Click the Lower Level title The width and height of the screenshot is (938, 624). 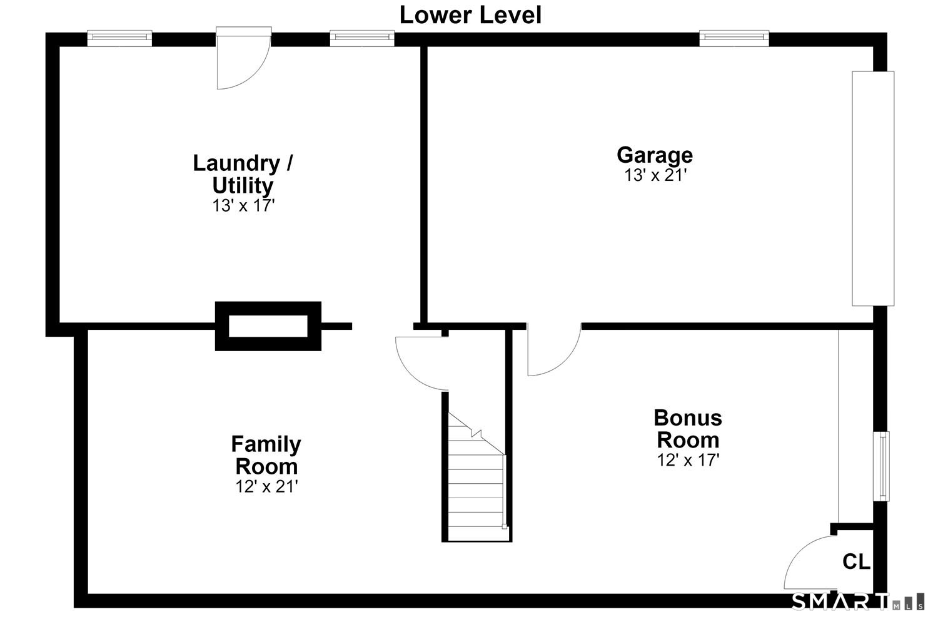pos(470,15)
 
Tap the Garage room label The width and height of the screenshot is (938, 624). pos(655,155)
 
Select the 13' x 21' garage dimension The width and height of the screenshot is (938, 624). pos(655,175)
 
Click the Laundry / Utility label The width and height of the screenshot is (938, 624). pos(243,174)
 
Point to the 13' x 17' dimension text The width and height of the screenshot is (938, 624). pos(243,205)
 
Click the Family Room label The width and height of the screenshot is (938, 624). pos(266,454)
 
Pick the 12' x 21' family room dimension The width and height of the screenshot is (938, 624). pos(267,486)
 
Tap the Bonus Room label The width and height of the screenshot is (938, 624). pos(688,429)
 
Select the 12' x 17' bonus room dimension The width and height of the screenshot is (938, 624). pos(688,460)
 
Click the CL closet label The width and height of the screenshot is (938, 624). pos(856,562)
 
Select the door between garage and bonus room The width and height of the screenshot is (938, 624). pos(554,349)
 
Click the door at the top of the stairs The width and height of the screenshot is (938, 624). pos(421,364)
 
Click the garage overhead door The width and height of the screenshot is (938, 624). pos(873,188)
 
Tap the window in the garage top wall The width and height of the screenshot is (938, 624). pos(734,38)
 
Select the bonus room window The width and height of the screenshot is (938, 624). pos(881,466)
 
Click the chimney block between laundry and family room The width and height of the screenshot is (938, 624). pos(268,326)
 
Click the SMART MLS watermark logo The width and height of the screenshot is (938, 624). pos(857,602)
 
